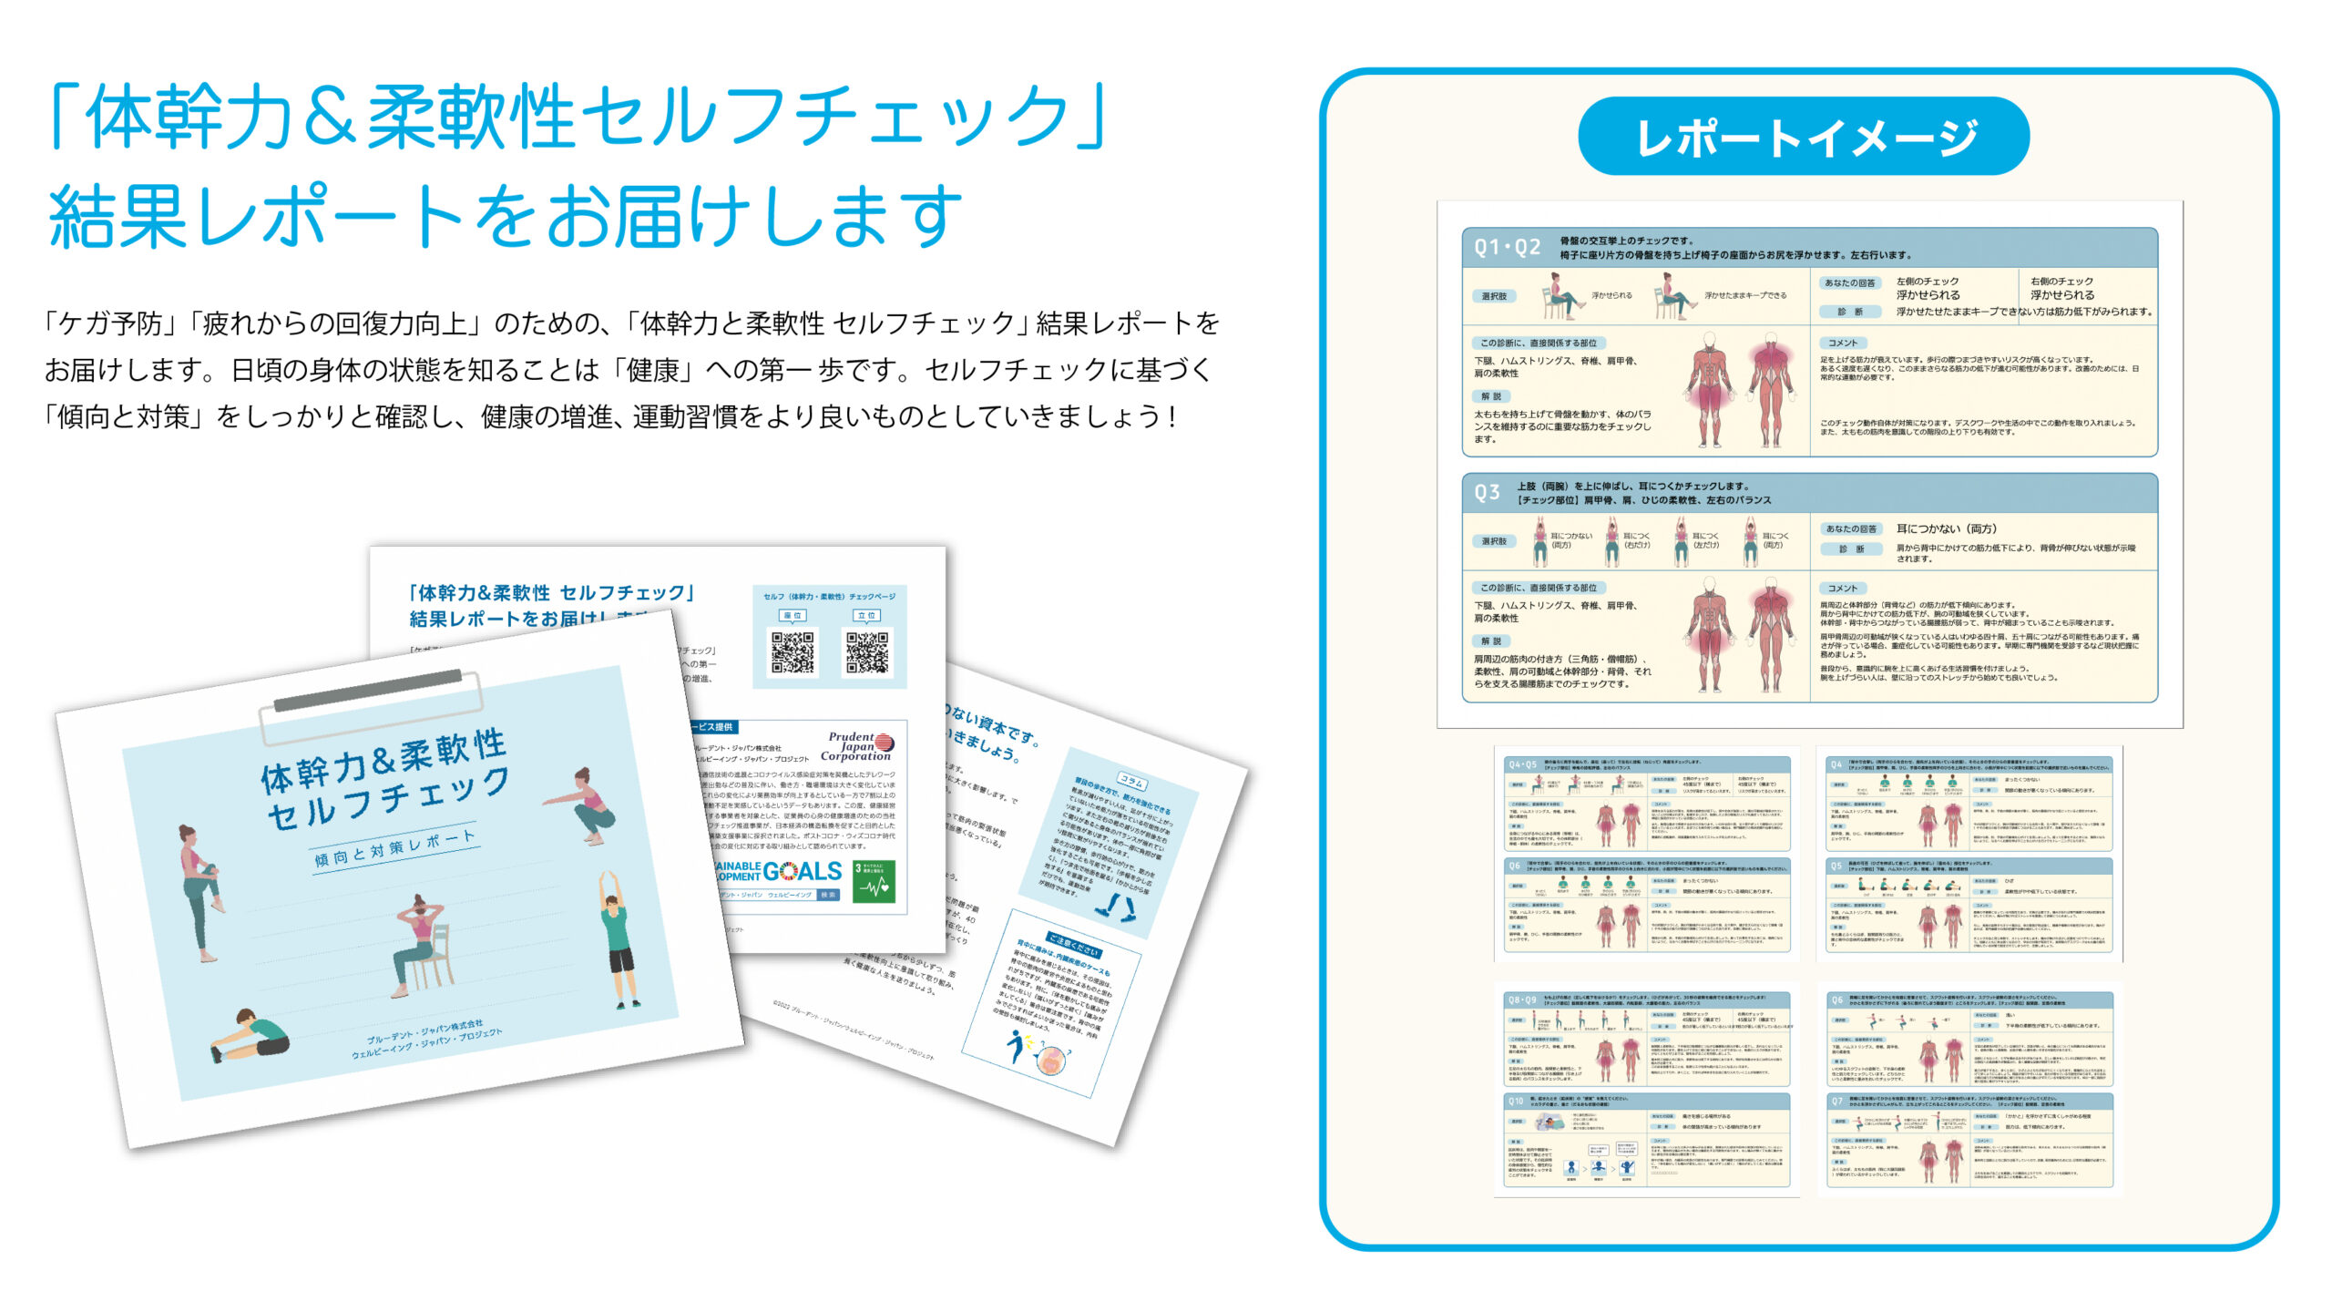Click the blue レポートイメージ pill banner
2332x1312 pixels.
tap(1803, 137)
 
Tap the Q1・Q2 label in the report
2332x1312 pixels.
tap(1508, 247)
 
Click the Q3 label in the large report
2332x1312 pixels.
tap(1487, 493)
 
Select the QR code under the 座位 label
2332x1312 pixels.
tap(793, 652)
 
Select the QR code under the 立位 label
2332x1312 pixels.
tap(867, 652)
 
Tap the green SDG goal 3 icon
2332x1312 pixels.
tap(874, 880)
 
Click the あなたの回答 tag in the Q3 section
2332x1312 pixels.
tap(1850, 528)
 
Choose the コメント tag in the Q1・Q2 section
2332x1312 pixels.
tap(1842, 343)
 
